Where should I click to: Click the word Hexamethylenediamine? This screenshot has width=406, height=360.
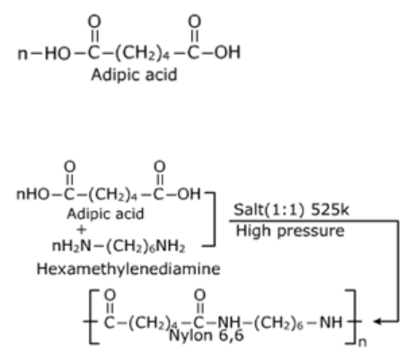(128, 268)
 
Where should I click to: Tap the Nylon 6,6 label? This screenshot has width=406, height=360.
(207, 336)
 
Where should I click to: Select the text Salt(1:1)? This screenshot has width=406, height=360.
(269, 209)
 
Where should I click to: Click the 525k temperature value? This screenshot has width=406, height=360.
(330, 209)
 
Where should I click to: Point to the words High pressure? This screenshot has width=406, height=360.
(290, 231)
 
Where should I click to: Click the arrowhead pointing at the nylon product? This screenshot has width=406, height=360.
(378, 321)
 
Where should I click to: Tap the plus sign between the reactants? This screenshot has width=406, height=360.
(81, 230)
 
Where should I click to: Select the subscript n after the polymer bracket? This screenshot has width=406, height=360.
(362, 342)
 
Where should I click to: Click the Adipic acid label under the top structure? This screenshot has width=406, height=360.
(134, 75)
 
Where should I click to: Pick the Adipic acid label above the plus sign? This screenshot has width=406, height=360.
(105, 214)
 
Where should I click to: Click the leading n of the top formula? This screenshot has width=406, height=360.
(23, 54)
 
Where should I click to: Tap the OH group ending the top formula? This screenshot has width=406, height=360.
(227, 52)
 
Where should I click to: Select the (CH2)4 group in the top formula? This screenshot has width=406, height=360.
(142, 53)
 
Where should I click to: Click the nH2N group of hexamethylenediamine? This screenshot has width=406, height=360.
(71, 247)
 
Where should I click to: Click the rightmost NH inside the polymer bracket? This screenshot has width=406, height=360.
(331, 322)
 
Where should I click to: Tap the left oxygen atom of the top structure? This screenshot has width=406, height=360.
(94, 22)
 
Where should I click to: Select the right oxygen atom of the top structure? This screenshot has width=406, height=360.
(194, 22)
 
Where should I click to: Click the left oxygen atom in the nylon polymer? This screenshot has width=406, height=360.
(110, 294)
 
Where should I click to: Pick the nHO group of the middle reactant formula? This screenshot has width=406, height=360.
(32, 194)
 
